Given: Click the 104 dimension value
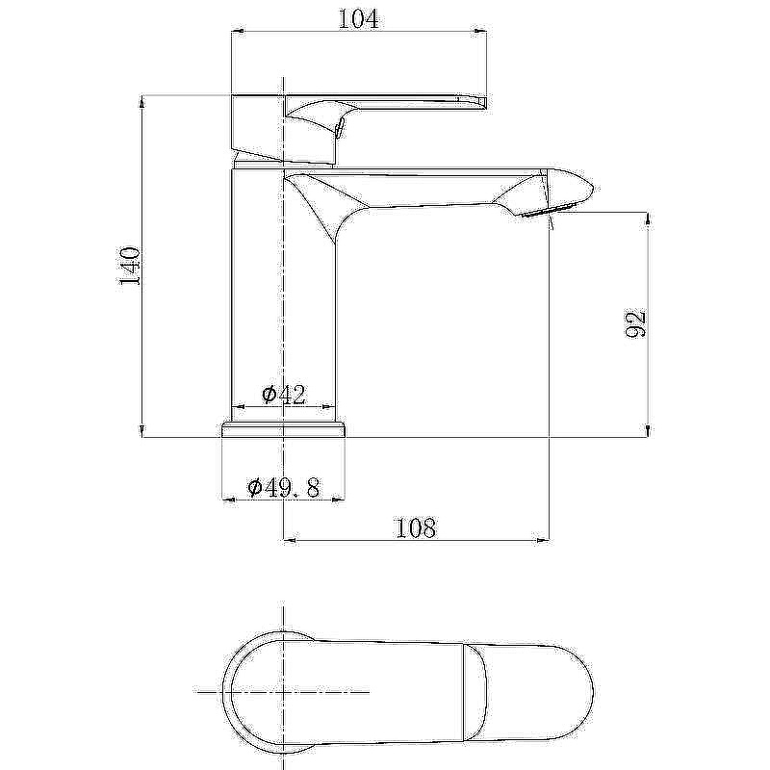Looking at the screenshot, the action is click(358, 18).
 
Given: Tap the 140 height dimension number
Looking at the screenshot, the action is click(130, 267).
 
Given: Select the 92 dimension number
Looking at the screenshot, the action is click(635, 324).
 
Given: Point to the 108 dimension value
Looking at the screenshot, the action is click(416, 528).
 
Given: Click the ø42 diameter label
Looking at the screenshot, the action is click(284, 395).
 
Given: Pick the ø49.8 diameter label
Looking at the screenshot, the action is click(284, 488).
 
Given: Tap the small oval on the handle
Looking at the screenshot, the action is click(339, 129).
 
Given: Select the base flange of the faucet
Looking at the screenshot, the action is click(284, 428).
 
